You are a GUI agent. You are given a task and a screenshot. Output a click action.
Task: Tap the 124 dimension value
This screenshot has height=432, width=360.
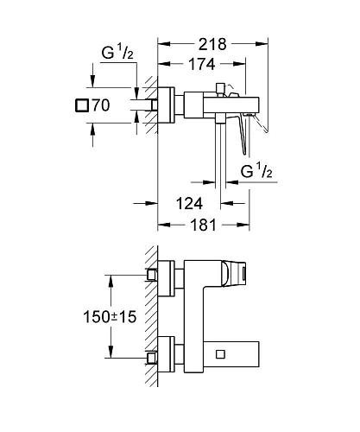[x=192, y=204]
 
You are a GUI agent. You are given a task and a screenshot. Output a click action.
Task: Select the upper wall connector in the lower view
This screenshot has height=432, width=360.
[x=155, y=275]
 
